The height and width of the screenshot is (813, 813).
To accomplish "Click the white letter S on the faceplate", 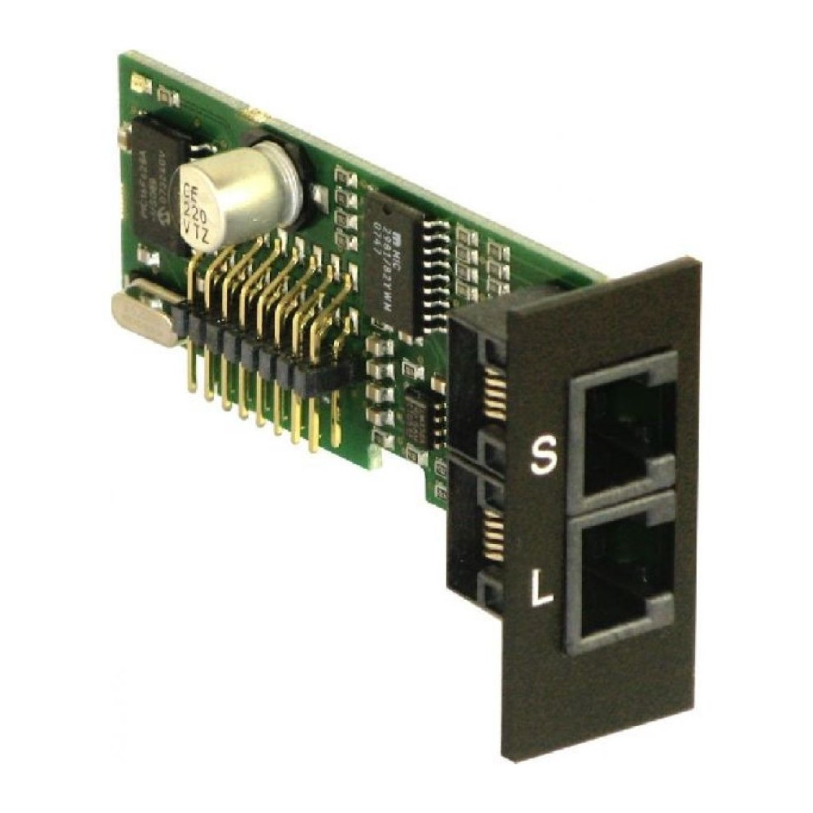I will (x=541, y=456).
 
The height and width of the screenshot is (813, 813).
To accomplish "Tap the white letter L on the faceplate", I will (x=541, y=587).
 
